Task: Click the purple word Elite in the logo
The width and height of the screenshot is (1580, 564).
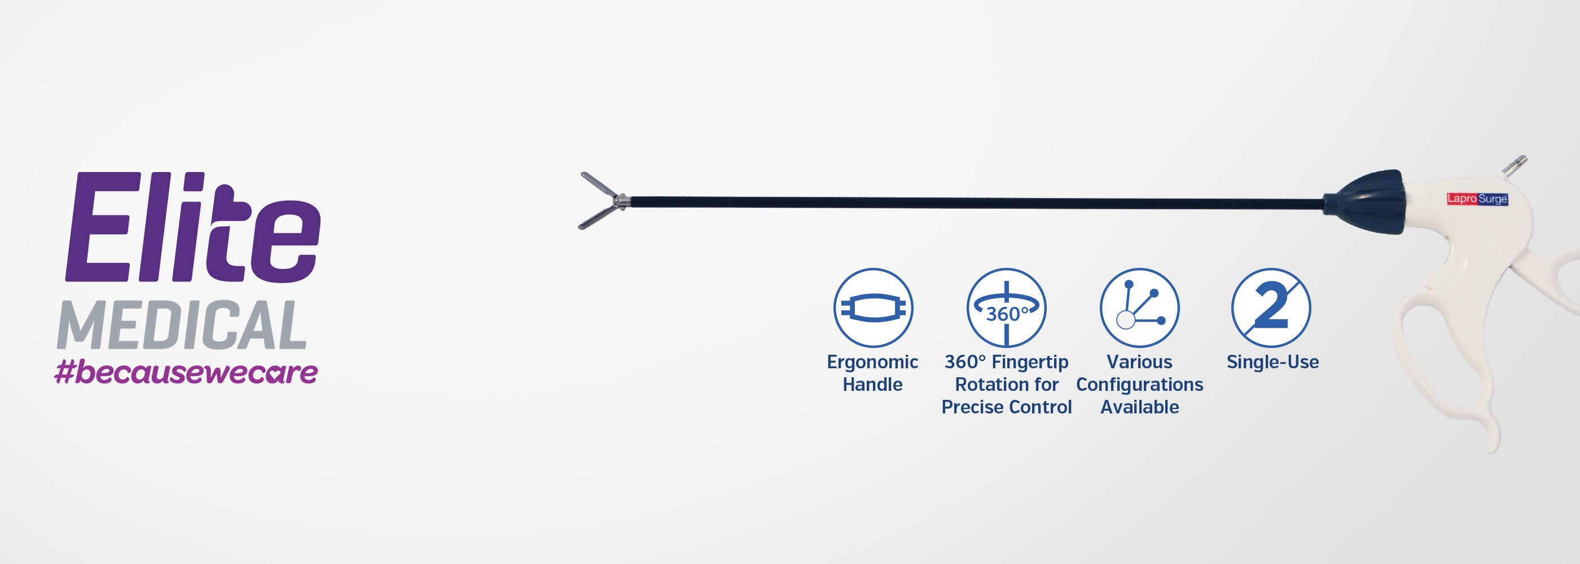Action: point(193,228)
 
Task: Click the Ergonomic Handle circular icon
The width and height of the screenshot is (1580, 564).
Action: point(873,308)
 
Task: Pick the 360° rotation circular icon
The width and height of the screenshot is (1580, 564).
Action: point(1006,308)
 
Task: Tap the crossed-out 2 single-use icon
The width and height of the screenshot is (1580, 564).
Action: point(1271,308)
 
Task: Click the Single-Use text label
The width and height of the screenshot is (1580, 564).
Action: point(1272,362)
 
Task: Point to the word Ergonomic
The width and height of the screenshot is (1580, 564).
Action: point(872,362)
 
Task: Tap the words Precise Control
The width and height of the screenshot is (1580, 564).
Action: point(1006,407)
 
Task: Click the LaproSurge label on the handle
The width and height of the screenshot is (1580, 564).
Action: point(1477,199)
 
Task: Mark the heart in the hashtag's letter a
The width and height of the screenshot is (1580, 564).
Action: point(276,375)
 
